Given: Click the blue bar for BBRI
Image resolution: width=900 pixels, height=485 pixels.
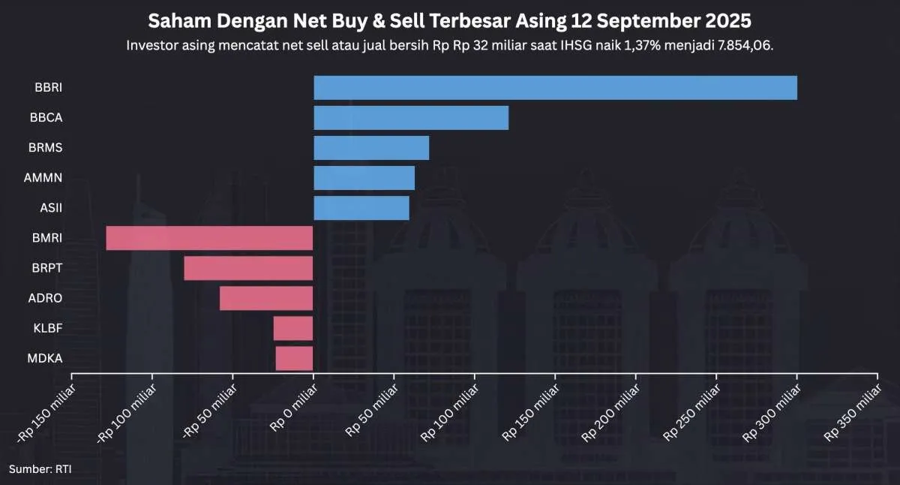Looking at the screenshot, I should coord(555,88).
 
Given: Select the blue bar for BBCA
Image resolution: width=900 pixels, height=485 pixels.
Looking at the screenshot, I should coord(411,118).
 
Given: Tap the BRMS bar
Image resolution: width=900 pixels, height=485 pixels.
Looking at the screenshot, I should coord(371,148).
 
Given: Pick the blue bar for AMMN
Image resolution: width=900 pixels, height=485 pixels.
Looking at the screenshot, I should coord(364,178).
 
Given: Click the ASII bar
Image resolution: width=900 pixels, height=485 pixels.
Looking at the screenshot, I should coord(361,208).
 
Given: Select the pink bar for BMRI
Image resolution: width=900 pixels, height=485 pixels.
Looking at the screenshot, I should coord(209,238).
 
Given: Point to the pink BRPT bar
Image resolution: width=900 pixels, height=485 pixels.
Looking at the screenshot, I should coord(248,268).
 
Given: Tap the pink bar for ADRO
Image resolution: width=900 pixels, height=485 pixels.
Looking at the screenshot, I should coord(266,298).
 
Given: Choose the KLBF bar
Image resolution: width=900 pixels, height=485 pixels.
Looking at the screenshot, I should coord(292,328).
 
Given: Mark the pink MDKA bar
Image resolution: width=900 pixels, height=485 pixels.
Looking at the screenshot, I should coord(294,358).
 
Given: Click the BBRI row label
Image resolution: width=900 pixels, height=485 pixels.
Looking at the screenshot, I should coord(48,88).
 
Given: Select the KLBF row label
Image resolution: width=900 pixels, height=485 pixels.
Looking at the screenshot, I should coord(48,328).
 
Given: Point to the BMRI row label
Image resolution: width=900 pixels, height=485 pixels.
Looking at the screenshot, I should coord(47,238).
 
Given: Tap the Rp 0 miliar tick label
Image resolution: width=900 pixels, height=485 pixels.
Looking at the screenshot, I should coord(293,405).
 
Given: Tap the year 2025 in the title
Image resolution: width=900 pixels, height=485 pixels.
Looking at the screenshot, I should coord(727,20).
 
